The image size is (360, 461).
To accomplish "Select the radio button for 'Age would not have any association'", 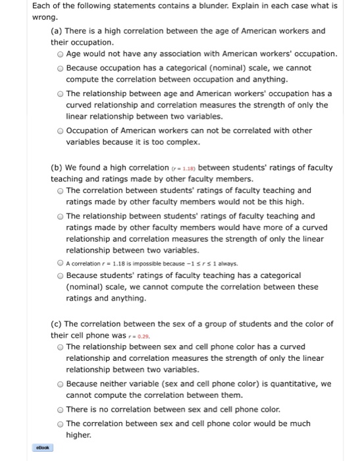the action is click(x=61, y=53).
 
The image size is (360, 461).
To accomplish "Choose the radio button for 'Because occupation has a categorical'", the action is click(x=61, y=68).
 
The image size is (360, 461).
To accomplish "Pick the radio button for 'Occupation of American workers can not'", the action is click(x=61, y=131).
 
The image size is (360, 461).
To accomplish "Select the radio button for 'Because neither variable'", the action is click(x=61, y=384).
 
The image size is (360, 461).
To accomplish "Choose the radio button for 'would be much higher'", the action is click(x=61, y=423).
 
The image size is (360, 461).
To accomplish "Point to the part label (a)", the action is click(x=57, y=31).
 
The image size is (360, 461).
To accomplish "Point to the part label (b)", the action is click(x=57, y=168).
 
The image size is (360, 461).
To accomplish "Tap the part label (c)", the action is click(x=57, y=324).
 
